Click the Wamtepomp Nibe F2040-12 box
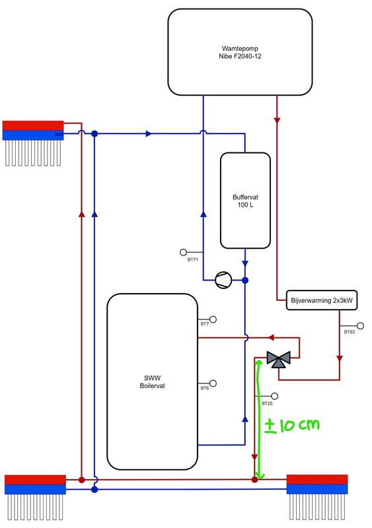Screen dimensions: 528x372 pyautogui.click(x=239, y=51)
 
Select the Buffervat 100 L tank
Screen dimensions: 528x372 pyautogui.click(x=245, y=201)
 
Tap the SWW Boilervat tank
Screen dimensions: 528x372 pyautogui.click(x=153, y=381)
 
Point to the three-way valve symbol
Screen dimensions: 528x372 pyautogui.click(x=278, y=360)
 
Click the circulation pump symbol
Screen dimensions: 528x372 pyautogui.click(x=223, y=280)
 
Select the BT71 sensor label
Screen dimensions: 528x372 pyautogui.click(x=193, y=260)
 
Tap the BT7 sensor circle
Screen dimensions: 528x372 pyautogui.click(x=213, y=319)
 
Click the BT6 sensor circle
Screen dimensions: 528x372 pyautogui.click(x=213, y=383)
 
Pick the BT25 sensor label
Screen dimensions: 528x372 pyautogui.click(x=267, y=403)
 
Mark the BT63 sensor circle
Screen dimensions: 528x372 pyautogui.click(x=361, y=325)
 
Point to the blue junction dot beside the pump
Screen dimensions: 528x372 pyautogui.click(x=244, y=280)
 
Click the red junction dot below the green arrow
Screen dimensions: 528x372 pyautogui.click(x=254, y=480)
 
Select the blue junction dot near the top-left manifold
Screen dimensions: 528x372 pyautogui.click(x=94, y=134)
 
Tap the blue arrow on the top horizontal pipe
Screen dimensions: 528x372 pyautogui.click(x=149, y=134)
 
